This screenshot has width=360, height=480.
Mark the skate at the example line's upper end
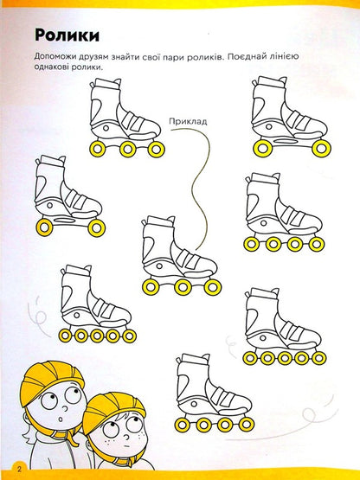(x=125, y=118)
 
